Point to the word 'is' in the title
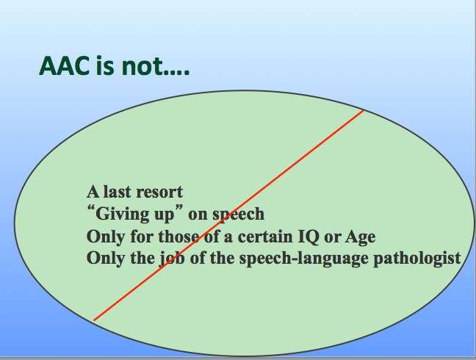[105, 66]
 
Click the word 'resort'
[159, 192]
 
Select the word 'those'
[178, 237]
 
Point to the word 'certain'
[265, 237]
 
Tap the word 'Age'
[361, 237]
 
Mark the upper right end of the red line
[364, 110]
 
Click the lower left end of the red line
[94, 320]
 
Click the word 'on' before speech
[198, 215]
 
